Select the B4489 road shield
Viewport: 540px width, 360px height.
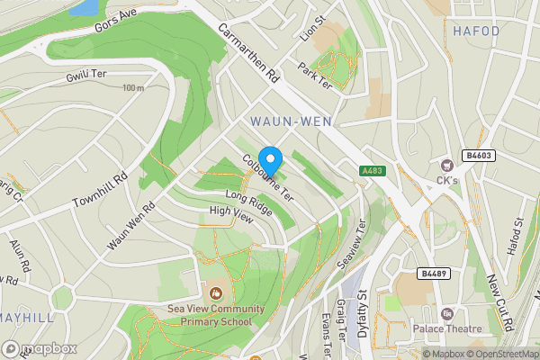(432, 273)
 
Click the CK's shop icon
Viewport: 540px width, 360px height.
(445, 165)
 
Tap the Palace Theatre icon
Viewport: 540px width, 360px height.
(445, 314)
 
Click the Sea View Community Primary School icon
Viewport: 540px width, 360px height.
(215, 292)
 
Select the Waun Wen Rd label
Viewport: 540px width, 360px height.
(130, 225)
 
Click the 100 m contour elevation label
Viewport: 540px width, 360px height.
(133, 88)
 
